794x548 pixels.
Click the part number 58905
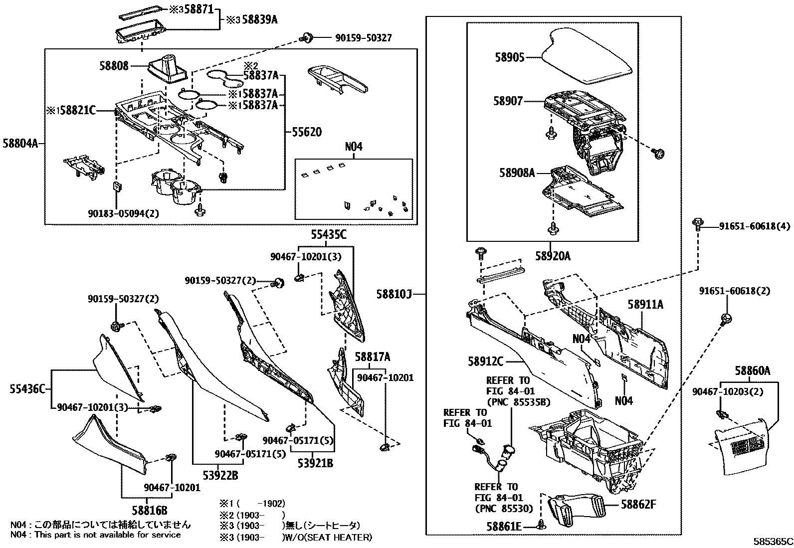coord(509,58)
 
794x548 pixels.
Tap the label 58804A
coord(19,144)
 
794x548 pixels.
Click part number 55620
coord(307,133)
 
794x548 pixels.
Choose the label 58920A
coord(552,257)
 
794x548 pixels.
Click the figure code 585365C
coord(773,542)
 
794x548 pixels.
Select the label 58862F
coord(638,505)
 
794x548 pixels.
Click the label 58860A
coord(752,371)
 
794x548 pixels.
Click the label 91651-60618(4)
coord(754,226)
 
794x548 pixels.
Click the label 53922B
coord(220,475)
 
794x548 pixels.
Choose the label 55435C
coord(329,234)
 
